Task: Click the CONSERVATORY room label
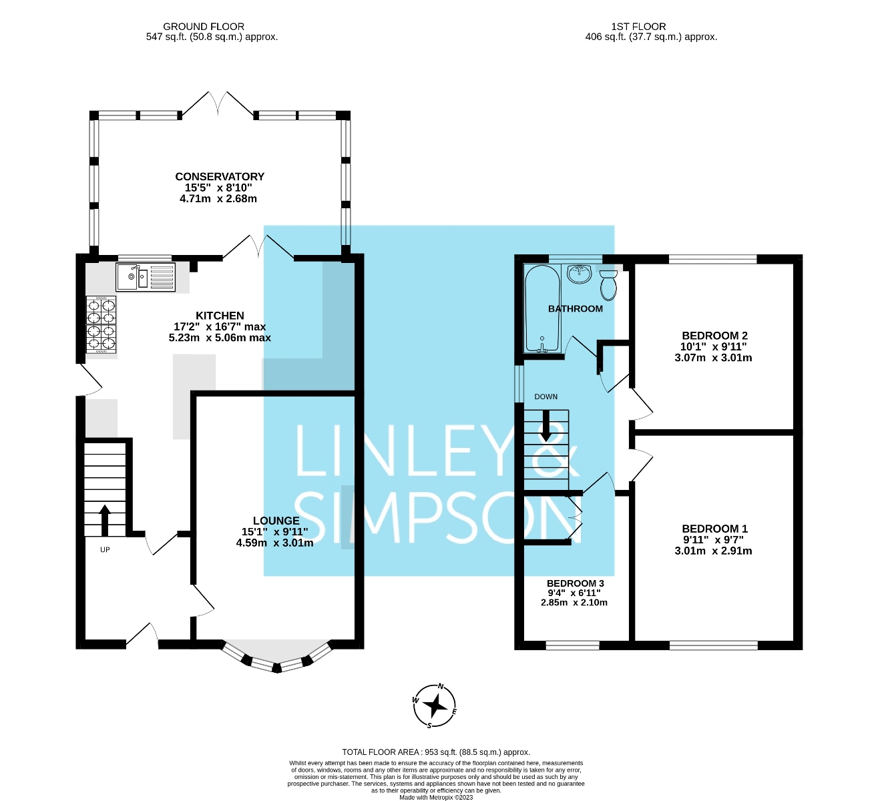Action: (x=220, y=177)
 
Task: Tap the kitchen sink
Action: (x=146, y=277)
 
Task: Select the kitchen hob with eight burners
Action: (x=101, y=324)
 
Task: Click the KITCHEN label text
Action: (x=220, y=316)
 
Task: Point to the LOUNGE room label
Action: (x=276, y=521)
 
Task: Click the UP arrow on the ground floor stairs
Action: (x=105, y=521)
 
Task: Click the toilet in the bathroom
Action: (x=608, y=285)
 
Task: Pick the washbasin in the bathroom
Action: (x=580, y=273)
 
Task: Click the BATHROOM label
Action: (x=575, y=309)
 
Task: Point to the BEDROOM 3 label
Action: (x=575, y=583)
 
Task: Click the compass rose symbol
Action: (x=435, y=705)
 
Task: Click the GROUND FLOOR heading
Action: (x=204, y=27)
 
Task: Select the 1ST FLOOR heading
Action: (x=638, y=27)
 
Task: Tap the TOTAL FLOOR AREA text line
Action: (x=436, y=752)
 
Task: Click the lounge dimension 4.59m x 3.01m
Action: (x=274, y=543)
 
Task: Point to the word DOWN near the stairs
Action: (x=545, y=396)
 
